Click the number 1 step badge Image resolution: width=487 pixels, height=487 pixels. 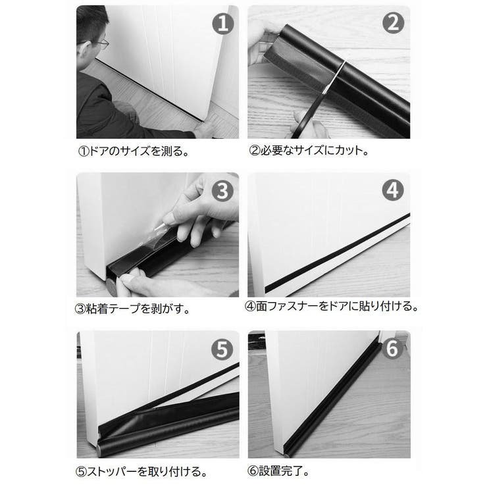(224, 24)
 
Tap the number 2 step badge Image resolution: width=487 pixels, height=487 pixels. (392, 24)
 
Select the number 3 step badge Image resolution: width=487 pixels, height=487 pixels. (224, 192)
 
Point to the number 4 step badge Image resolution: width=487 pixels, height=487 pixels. (392, 192)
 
